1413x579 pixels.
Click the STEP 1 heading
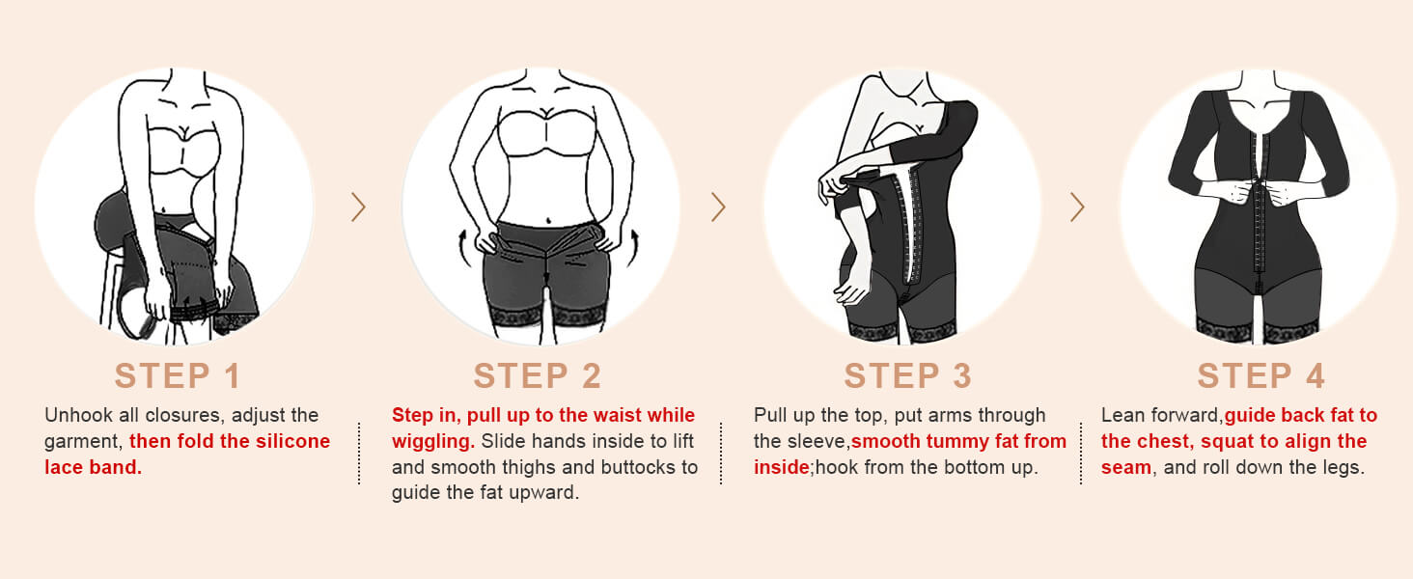pos(177,375)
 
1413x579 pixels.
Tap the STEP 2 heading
pos(537,375)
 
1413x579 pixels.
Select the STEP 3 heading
pos(907,375)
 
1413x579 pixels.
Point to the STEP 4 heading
pos(1261,375)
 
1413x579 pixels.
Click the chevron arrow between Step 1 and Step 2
pos(358,207)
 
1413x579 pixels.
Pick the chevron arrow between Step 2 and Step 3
pos(718,207)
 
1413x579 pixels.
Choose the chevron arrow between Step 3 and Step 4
pos(1077,207)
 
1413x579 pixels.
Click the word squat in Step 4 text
pos(1227,442)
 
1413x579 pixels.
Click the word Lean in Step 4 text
pos(1123,416)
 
